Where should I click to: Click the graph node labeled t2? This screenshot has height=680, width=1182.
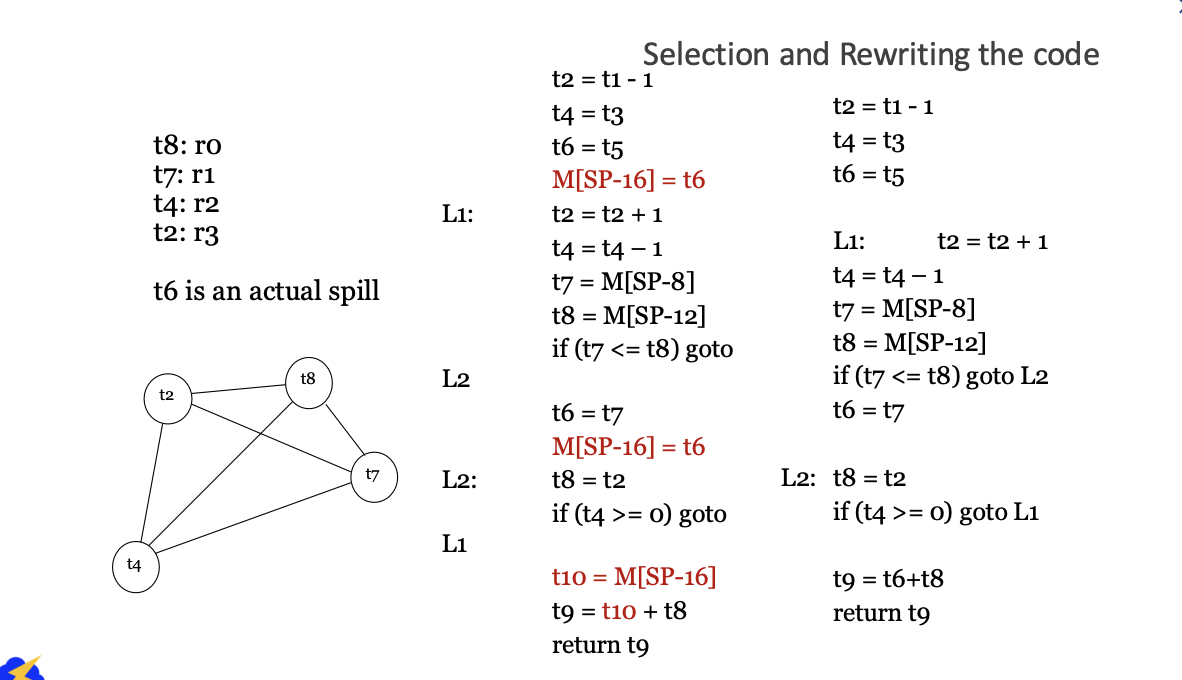pos(167,396)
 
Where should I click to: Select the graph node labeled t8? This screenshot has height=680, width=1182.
pos(307,380)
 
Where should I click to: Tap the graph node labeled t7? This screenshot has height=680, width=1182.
pos(372,475)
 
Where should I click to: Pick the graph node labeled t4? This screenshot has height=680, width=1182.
pos(135,566)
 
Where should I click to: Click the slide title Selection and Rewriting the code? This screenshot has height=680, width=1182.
pos(870,54)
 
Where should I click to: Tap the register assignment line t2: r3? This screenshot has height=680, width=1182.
pos(186,235)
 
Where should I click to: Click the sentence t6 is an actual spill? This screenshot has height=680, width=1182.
pos(266,292)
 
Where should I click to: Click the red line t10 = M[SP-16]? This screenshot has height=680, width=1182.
pos(634,577)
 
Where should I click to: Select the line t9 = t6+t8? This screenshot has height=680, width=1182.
pos(888,578)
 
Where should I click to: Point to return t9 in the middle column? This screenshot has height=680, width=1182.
pos(600,645)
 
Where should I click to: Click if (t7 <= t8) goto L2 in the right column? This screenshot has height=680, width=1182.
pos(940,377)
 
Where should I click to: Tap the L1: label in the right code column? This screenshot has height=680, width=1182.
pos(849,242)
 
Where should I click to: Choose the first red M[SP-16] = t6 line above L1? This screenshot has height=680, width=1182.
pos(628,180)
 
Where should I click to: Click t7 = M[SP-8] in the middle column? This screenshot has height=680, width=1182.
pos(623,282)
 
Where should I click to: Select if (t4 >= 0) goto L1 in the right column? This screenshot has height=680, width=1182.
pos(935,513)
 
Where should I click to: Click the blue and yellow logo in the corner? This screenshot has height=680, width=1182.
pos(21,668)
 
